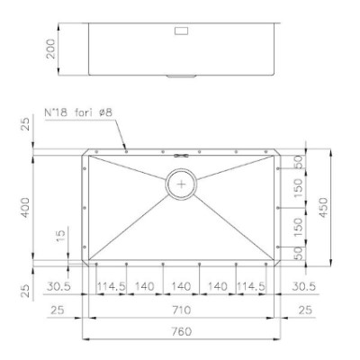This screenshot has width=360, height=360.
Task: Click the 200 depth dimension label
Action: (51, 49)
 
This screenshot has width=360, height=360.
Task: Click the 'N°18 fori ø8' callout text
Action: (78, 113)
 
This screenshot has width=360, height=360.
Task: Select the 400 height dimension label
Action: (25, 208)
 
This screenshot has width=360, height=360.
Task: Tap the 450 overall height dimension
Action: (323, 208)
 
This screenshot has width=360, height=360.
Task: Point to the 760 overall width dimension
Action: (181, 332)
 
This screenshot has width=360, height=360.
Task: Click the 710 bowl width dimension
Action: (182, 310)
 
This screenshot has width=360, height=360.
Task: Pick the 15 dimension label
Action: (60, 236)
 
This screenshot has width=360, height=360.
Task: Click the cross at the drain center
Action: (181, 184)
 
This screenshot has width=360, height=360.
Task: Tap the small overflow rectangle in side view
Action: (181, 31)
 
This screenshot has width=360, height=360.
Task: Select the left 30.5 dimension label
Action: (58, 286)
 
